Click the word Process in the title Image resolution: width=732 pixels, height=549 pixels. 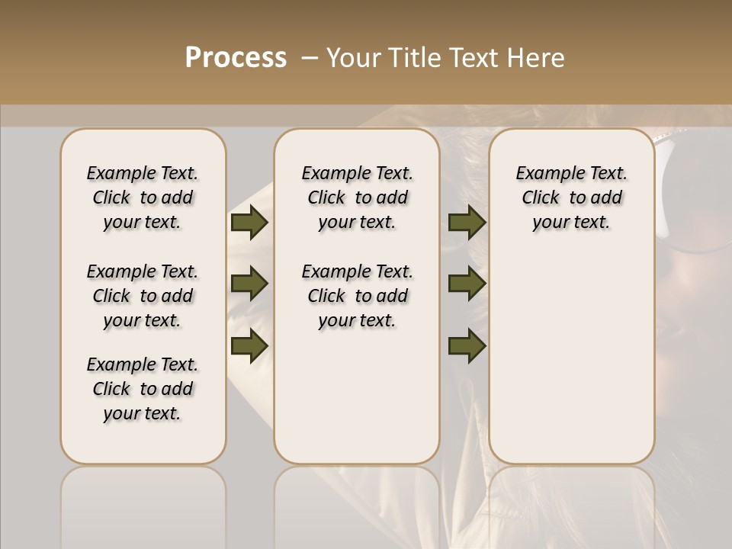tap(236, 58)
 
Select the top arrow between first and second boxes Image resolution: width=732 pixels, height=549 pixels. tap(249, 223)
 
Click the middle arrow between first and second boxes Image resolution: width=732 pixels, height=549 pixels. tap(249, 284)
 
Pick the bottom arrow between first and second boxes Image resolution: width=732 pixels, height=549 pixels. tap(249, 345)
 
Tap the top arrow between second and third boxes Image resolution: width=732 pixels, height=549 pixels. tap(467, 223)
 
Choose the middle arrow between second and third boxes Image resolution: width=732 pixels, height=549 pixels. tap(467, 284)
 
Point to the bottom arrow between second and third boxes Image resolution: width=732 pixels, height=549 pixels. tap(467, 345)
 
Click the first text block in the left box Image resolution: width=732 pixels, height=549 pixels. tap(143, 197)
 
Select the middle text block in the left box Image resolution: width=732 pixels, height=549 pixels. tap(143, 296)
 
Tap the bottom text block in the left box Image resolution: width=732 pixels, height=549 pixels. tap(143, 389)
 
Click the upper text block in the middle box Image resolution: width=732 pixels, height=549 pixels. tap(357, 197)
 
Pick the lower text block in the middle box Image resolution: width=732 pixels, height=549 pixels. tap(357, 296)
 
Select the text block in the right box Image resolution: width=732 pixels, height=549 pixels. tap(571, 197)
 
